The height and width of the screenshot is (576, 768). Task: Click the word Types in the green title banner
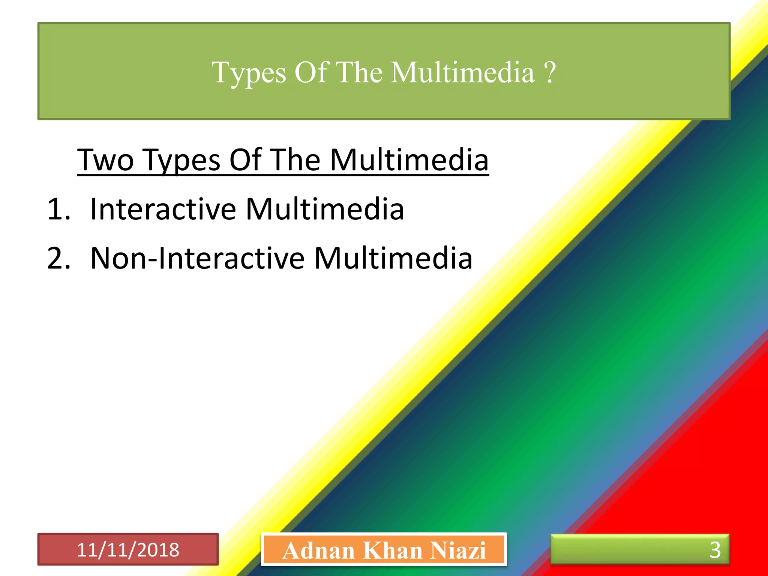point(249,73)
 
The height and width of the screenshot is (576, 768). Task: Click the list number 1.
point(58,209)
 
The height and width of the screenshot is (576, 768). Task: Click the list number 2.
point(58,258)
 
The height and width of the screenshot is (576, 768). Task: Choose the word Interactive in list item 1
point(163,209)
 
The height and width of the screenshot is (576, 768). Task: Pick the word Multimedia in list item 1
point(325,209)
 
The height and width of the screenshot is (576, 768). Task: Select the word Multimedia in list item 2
point(393,258)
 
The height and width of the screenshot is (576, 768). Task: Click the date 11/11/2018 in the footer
point(128,550)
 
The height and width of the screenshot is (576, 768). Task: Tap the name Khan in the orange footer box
point(392,550)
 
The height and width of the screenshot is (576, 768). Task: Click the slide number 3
point(715,550)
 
